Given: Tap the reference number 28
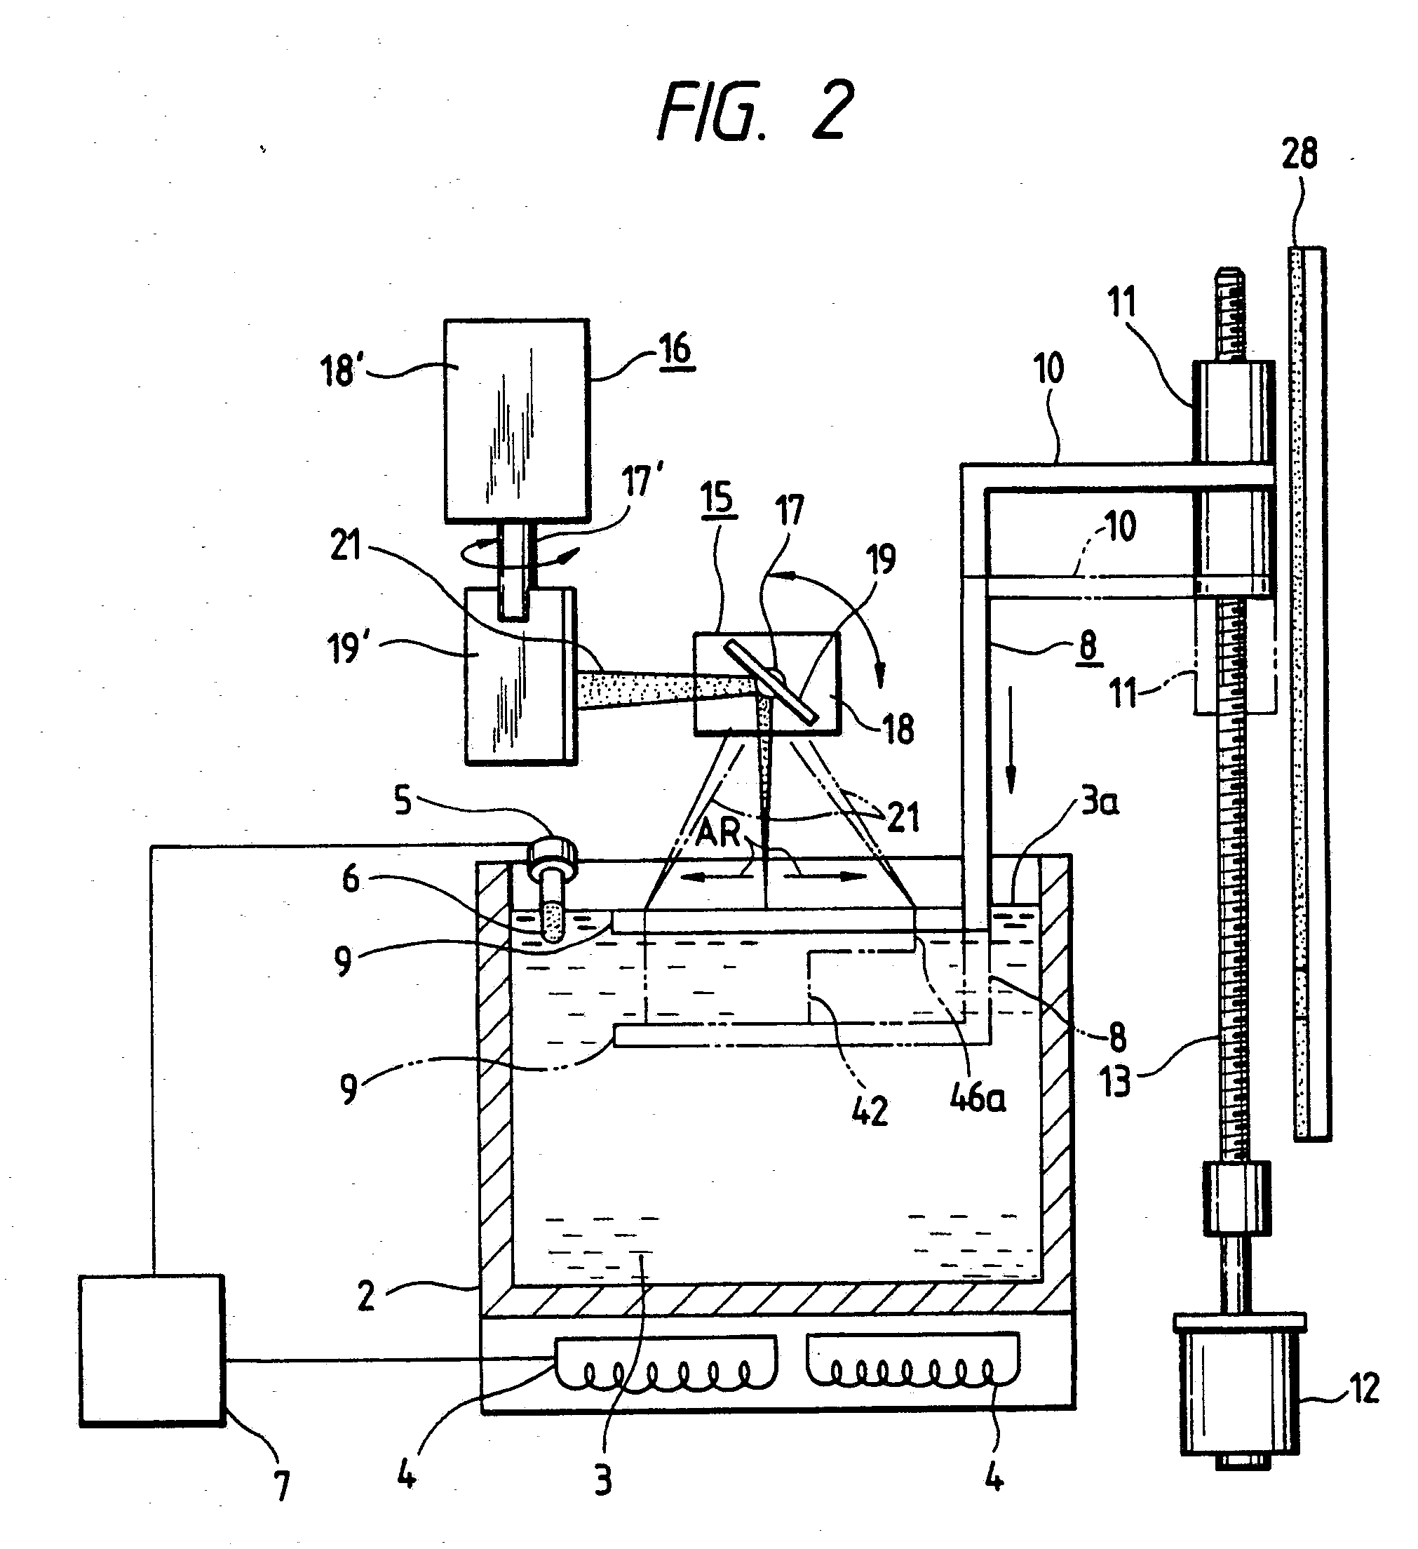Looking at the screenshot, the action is tap(1299, 154).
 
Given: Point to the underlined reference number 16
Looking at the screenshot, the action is tap(675, 350).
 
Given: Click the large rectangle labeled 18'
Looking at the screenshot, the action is tap(517, 420).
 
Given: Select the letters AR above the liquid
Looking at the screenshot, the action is tap(719, 831).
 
